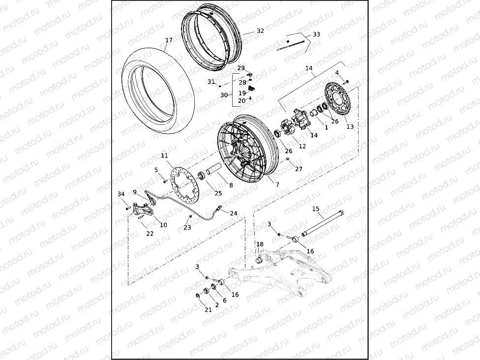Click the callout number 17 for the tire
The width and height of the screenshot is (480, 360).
(x=169, y=40)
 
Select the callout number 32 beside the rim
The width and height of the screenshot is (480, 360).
(x=260, y=31)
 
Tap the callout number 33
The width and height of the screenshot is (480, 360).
(x=316, y=34)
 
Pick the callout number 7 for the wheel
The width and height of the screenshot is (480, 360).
(x=277, y=184)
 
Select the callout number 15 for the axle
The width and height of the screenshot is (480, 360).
(x=316, y=209)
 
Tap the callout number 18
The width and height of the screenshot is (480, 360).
(x=260, y=244)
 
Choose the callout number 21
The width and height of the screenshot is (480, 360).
(x=208, y=310)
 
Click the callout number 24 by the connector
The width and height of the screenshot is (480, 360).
(x=234, y=213)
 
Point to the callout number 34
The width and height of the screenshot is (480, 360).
(x=121, y=194)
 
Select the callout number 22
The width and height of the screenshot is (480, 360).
(x=150, y=234)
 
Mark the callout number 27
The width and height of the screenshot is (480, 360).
(x=299, y=169)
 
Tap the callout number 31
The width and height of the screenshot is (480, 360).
(x=211, y=82)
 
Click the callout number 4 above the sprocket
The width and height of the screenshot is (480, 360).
(x=337, y=73)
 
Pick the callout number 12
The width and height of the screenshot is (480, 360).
(x=302, y=147)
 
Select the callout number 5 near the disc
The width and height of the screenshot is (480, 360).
(x=156, y=170)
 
